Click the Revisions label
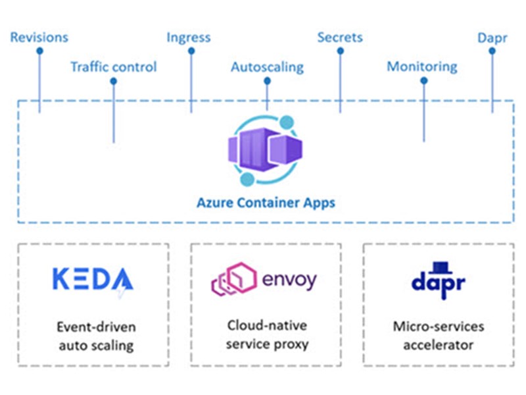click(39, 38)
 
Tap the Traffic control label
click(114, 67)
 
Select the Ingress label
click(189, 38)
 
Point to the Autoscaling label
click(267, 67)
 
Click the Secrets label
click(340, 38)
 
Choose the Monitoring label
click(421, 67)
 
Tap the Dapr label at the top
click(492, 38)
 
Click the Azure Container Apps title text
click(266, 202)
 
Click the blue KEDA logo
click(92, 280)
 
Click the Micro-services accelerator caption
click(438, 334)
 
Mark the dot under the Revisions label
click(39, 51)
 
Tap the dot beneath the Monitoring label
click(423, 81)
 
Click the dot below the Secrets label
click(341, 51)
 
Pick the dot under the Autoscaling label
click(267, 81)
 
